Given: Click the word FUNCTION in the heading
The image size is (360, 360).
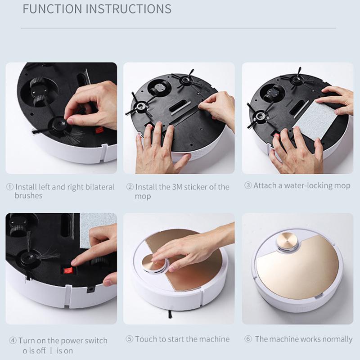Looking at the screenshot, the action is click(52, 9).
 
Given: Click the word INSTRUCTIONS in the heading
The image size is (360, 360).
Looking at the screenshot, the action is click(129, 9).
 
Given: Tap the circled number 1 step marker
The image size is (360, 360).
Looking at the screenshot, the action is click(10, 187).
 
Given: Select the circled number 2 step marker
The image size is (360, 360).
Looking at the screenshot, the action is click(130, 187).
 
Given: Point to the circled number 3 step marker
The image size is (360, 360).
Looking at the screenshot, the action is click(248, 185).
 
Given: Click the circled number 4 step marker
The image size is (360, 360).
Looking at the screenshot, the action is click(13, 340).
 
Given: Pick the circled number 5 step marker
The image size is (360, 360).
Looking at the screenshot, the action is click(130, 339).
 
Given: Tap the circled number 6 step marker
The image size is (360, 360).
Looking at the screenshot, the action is click(248, 339).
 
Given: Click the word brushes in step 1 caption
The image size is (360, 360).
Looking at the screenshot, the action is click(28, 196).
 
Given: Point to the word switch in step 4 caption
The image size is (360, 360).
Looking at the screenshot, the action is click(96, 341).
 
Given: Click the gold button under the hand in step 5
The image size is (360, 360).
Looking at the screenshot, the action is click(153, 264).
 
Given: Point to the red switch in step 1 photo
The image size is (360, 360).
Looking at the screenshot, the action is click(99, 130).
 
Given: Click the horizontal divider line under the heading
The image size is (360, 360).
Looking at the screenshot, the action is click(178, 28).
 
